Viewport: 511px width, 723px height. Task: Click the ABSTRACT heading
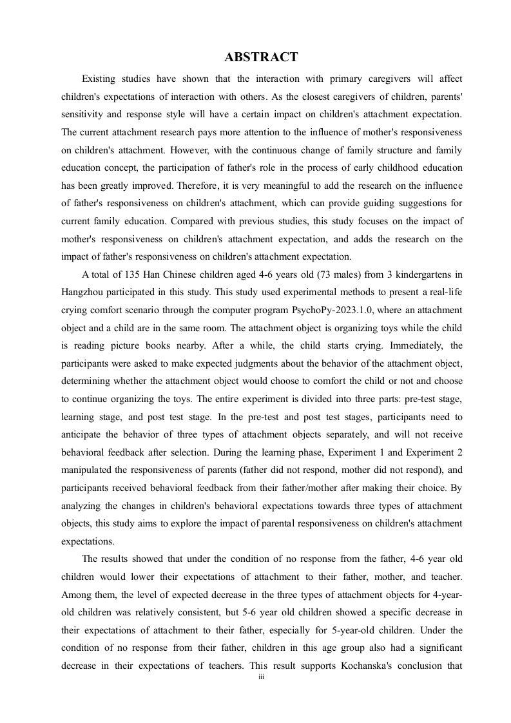(261, 57)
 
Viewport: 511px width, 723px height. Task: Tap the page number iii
(261, 677)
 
